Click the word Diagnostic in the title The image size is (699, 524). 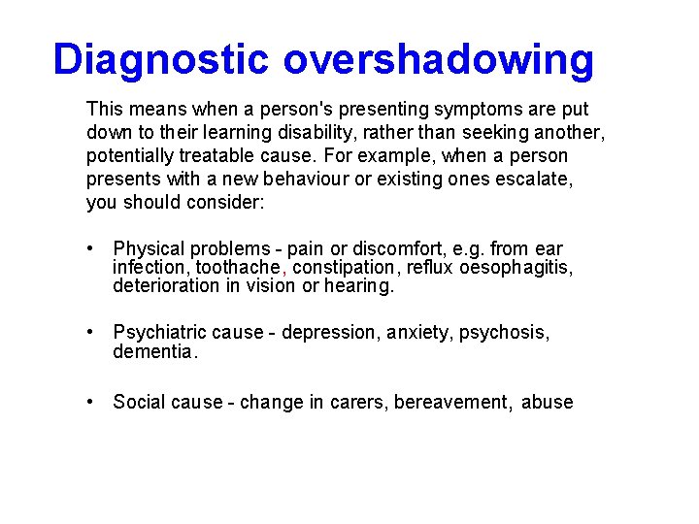pos(161,59)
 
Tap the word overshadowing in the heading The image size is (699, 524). pos(438,59)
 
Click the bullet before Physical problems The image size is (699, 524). pos(90,249)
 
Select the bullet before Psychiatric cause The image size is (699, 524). pos(90,333)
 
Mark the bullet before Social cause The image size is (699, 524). pos(90,402)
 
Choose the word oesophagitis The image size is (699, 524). pos(519,267)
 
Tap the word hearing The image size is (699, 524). pos(359,285)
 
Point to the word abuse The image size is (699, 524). pos(548,402)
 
